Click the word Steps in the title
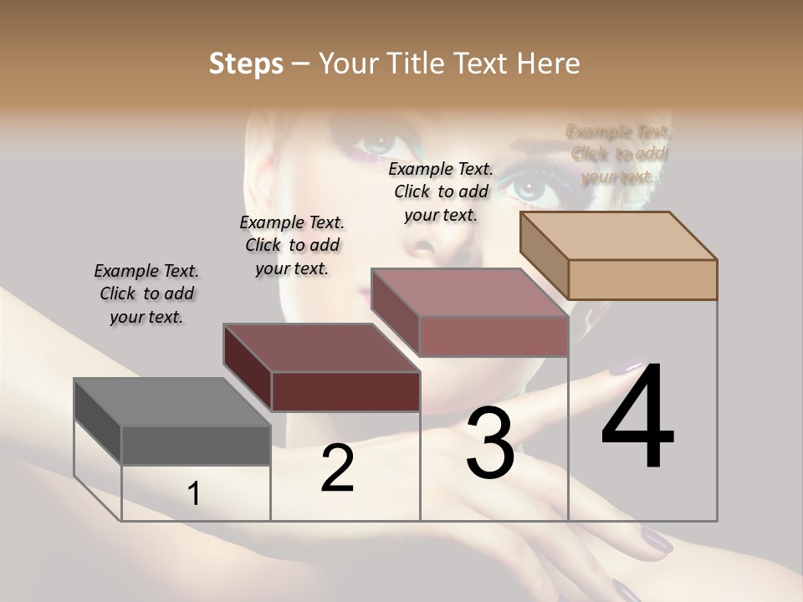tap(246, 64)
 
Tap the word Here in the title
tap(549, 64)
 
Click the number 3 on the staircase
tap(489, 443)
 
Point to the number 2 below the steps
tap(337, 468)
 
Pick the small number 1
tap(193, 493)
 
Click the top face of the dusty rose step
tap(469, 293)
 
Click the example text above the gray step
tap(146, 293)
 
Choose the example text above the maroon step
tap(292, 245)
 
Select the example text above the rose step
tap(441, 191)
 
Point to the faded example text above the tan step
tap(619, 154)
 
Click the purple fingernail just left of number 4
tap(623, 368)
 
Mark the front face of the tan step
tap(642, 279)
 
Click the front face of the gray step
tap(196, 445)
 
